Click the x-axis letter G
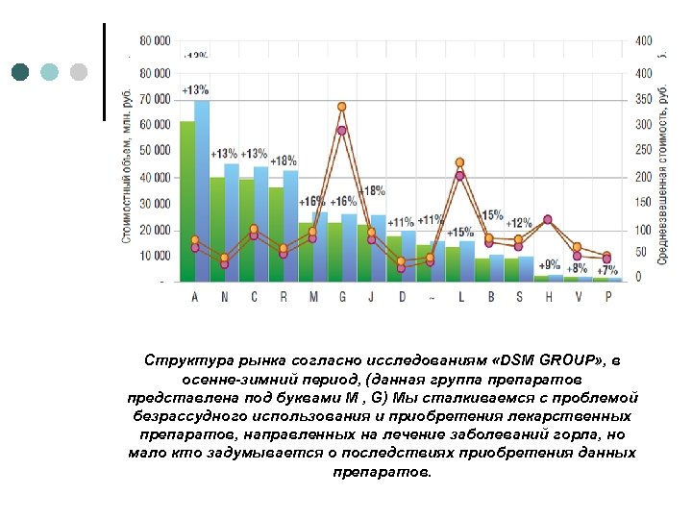pyautogui.click(x=342, y=297)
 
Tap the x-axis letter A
pyautogui.click(x=195, y=297)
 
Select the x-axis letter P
pyautogui.click(x=607, y=297)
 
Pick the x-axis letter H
pyautogui.click(x=549, y=297)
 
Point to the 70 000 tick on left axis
pyautogui.click(x=155, y=99)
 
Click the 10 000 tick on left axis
pyautogui.click(x=155, y=256)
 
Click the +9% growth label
pyautogui.click(x=549, y=264)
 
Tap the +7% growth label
pyautogui.click(x=607, y=271)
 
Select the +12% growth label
pyautogui.click(x=519, y=223)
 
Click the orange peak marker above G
pyautogui.click(x=342, y=107)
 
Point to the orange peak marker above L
pyautogui.click(x=459, y=162)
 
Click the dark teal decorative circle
pyautogui.click(x=20, y=72)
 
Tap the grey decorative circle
pyautogui.click(x=79, y=72)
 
